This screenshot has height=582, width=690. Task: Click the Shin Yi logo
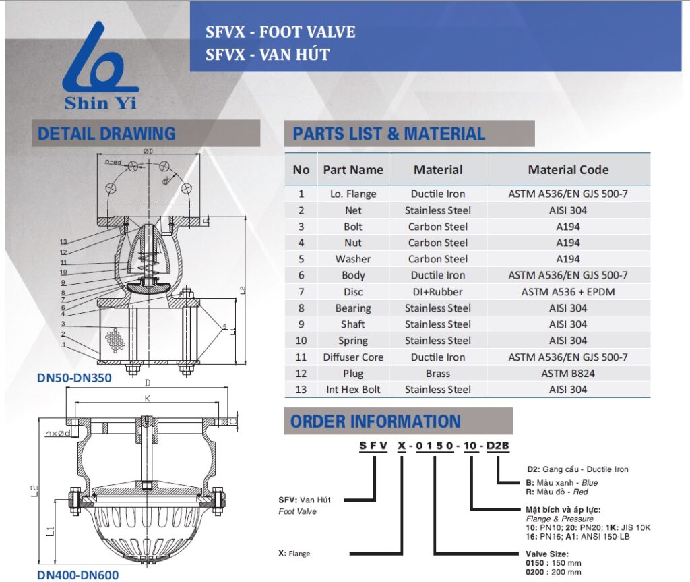tap(101, 67)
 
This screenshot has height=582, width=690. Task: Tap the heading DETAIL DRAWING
tap(106, 134)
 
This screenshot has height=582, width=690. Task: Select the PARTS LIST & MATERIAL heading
tap(389, 134)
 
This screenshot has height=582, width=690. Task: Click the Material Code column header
tap(568, 170)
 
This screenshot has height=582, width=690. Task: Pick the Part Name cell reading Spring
tap(353, 341)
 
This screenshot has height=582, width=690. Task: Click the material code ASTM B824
tap(568, 373)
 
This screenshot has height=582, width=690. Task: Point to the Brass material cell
tap(438, 373)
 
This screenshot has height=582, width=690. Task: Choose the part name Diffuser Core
tap(353, 357)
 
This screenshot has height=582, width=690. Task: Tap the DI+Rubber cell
tap(438, 291)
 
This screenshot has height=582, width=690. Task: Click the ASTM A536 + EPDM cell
tap(568, 291)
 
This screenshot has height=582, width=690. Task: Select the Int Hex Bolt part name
tap(353, 389)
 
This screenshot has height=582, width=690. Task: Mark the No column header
tap(301, 170)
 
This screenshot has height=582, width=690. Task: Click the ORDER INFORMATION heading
tap(375, 421)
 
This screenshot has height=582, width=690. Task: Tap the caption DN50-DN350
tap(74, 378)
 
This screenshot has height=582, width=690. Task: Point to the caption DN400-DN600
tap(77, 575)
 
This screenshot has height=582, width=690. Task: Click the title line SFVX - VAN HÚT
tap(268, 55)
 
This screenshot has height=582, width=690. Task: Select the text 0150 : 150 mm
tap(553, 562)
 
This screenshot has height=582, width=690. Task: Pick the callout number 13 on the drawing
tap(63, 242)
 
